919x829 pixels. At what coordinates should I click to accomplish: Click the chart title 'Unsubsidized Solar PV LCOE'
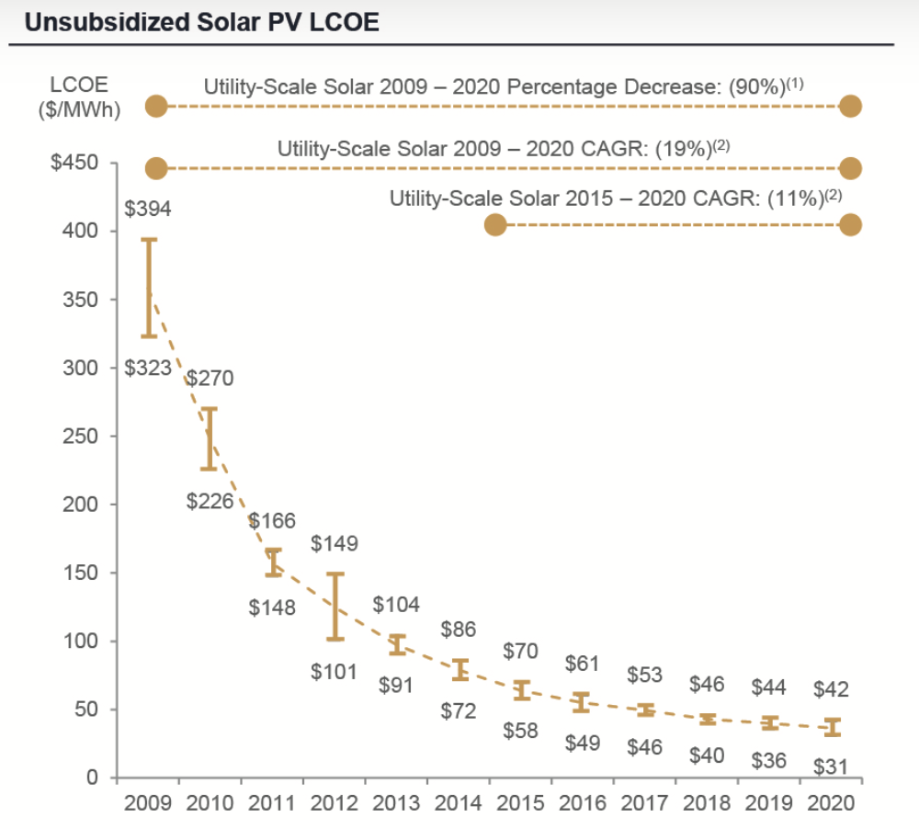(201, 22)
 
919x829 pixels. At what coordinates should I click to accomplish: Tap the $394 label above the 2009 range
(149, 209)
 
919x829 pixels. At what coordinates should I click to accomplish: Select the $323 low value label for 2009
(149, 368)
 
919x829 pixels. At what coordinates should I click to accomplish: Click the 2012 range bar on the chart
(335, 606)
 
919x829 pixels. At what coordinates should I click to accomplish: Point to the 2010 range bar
(210, 438)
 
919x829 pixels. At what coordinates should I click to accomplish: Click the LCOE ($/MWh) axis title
(78, 96)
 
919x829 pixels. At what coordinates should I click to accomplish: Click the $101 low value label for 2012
(334, 671)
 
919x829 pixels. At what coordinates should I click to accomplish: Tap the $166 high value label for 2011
(272, 520)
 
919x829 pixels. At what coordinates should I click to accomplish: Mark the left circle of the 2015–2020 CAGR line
(495, 225)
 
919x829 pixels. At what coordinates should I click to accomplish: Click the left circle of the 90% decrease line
(156, 106)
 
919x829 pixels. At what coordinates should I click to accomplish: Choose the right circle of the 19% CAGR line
(851, 168)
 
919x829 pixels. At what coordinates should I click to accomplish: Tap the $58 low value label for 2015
(521, 732)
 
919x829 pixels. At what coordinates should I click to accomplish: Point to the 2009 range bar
(149, 288)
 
